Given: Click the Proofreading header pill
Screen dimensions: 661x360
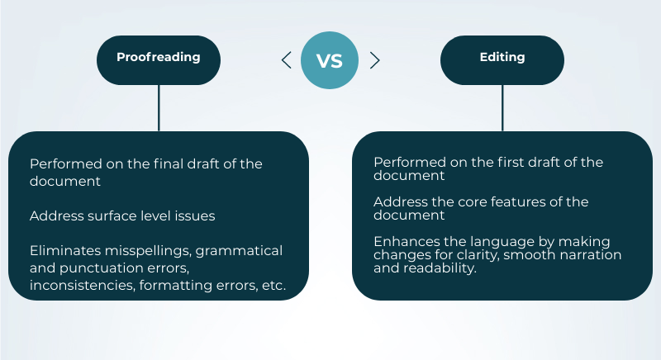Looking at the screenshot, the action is pos(159,60).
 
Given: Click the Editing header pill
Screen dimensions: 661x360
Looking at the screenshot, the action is pos(502,60).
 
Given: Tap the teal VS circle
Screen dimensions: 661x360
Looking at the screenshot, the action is pos(330,60).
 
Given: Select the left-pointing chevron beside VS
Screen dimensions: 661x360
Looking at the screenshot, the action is pos(286,60).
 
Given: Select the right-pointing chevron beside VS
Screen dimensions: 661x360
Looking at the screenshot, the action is pos(375,60).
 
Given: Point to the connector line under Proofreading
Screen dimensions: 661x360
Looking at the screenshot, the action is pos(159,108).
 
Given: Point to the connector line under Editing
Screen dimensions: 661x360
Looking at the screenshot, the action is pos(502,108).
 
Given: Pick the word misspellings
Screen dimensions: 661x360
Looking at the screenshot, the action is pos(149,251).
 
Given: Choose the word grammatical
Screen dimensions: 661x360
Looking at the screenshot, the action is pos(239,251).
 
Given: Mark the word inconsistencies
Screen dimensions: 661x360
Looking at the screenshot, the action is pos(83,285).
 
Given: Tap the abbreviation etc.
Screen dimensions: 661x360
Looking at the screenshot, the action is pos(273,286).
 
